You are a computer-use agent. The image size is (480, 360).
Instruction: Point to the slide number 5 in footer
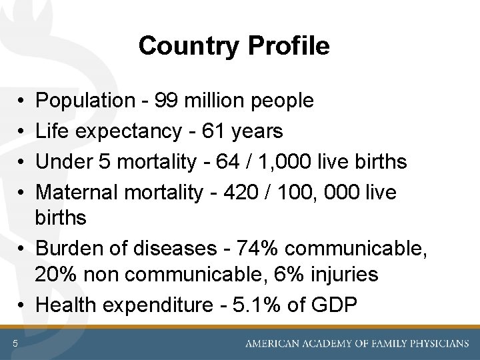tap(14, 343)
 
